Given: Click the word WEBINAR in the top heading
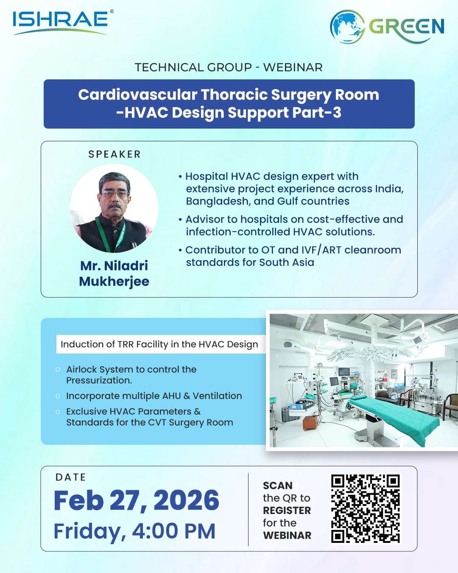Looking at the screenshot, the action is coord(293,67).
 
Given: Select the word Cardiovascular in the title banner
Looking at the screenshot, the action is coord(138,95).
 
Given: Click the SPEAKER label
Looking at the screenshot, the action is coord(114,154).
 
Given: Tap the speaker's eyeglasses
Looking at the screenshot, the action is coord(115,194).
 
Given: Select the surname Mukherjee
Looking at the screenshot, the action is coord(114,281).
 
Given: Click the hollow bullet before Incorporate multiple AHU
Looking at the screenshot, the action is coord(58,396).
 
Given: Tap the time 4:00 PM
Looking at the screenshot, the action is coord(173,531).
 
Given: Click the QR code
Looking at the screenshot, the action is coord(366,508).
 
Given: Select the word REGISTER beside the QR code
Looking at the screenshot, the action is coord(287,511).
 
